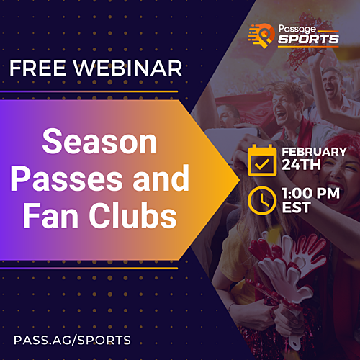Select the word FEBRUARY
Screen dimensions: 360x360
tap(314, 152)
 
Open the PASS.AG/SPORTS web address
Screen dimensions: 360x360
tap(72, 338)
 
